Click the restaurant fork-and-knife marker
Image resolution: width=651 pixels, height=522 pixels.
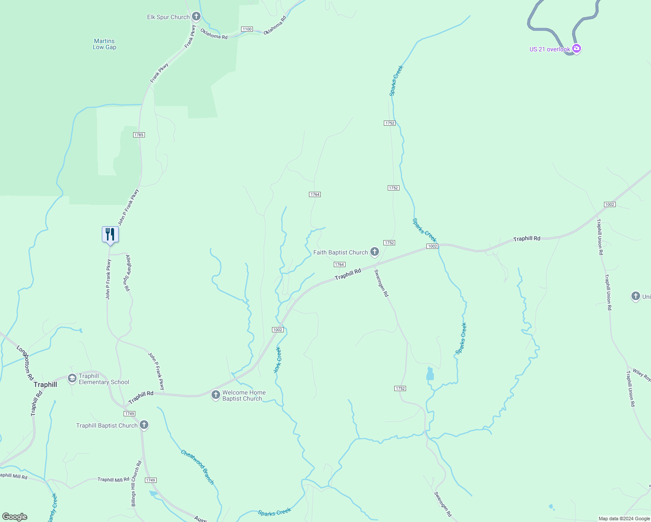[x=110, y=234]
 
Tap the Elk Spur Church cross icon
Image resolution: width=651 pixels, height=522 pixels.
[x=196, y=17]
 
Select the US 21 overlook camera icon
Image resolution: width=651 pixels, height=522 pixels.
[x=577, y=49]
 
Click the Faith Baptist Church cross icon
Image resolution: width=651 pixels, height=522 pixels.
[x=374, y=252]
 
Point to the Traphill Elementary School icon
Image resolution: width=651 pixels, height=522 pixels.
[x=72, y=379]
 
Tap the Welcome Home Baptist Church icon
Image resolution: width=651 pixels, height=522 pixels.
[x=215, y=395]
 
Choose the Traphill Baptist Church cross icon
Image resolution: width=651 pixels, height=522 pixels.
[x=144, y=425]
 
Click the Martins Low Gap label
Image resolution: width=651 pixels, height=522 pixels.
[x=104, y=44]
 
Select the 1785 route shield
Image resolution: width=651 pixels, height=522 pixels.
[x=139, y=135]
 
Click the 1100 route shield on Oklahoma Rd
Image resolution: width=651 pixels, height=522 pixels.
[x=247, y=29]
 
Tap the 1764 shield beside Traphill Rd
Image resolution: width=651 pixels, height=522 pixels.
[x=339, y=264]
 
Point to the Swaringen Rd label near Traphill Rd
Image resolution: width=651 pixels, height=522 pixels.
[x=382, y=283]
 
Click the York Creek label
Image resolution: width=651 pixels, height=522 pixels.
[x=278, y=360]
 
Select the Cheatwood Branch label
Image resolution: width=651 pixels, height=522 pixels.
[x=198, y=467]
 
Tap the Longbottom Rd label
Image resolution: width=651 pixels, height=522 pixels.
[x=25, y=364]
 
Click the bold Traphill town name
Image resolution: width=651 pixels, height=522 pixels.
[x=45, y=385]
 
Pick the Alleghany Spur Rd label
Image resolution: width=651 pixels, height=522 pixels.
[x=128, y=273]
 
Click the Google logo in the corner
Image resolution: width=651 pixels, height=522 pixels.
[x=14, y=517]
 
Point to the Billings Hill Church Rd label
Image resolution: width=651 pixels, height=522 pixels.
[x=136, y=483]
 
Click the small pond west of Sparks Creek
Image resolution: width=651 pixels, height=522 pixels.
[x=430, y=374]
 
